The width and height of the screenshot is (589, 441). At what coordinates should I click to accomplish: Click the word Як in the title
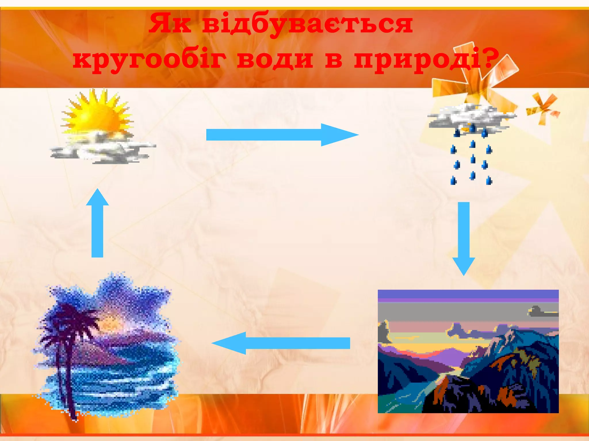170,24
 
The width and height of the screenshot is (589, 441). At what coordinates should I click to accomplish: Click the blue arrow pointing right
282,135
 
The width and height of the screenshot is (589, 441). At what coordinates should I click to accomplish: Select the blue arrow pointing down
464,238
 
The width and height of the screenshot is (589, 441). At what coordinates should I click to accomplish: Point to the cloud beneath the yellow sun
104,149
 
